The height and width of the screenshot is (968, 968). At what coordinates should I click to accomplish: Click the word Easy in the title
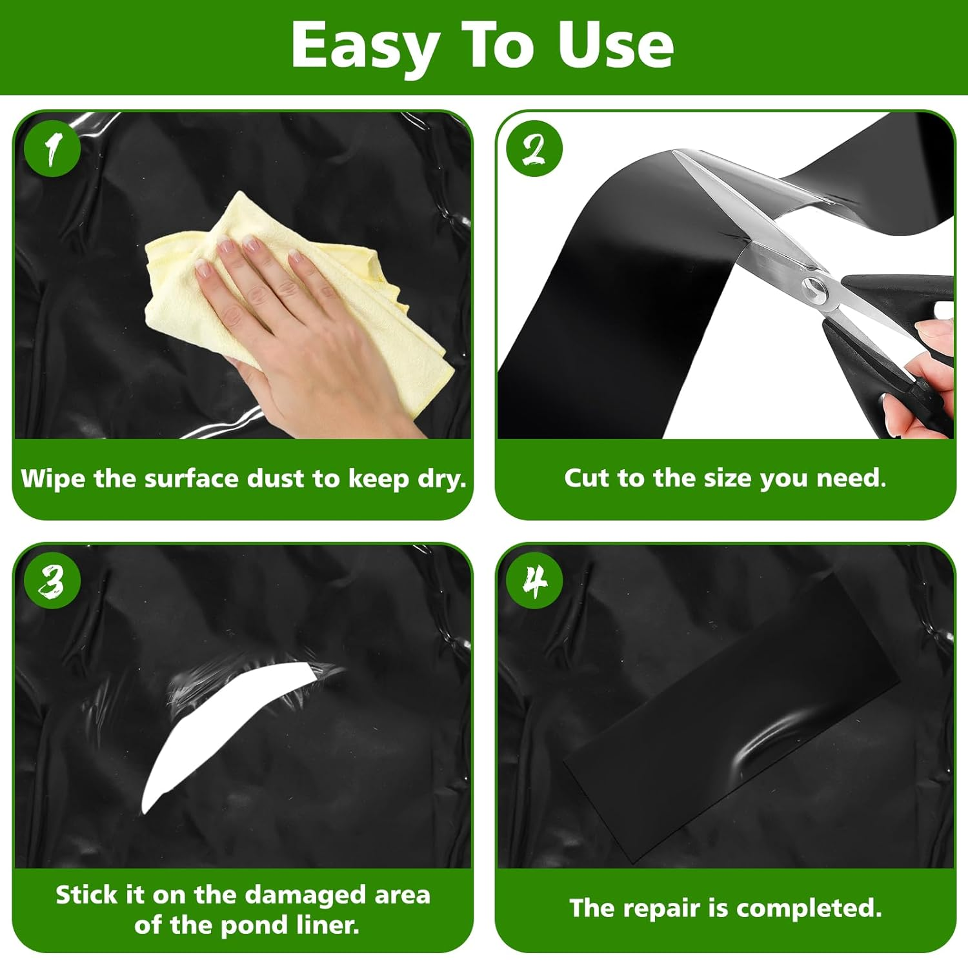point(365,45)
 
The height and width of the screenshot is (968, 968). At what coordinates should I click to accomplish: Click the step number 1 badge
point(52,148)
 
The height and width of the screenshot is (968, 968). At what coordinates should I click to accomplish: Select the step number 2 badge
point(534,148)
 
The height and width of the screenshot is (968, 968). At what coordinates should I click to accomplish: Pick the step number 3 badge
point(52,580)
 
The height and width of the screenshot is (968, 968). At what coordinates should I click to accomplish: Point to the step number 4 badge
point(534,580)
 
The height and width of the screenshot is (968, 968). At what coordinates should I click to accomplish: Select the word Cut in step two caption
point(587,478)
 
